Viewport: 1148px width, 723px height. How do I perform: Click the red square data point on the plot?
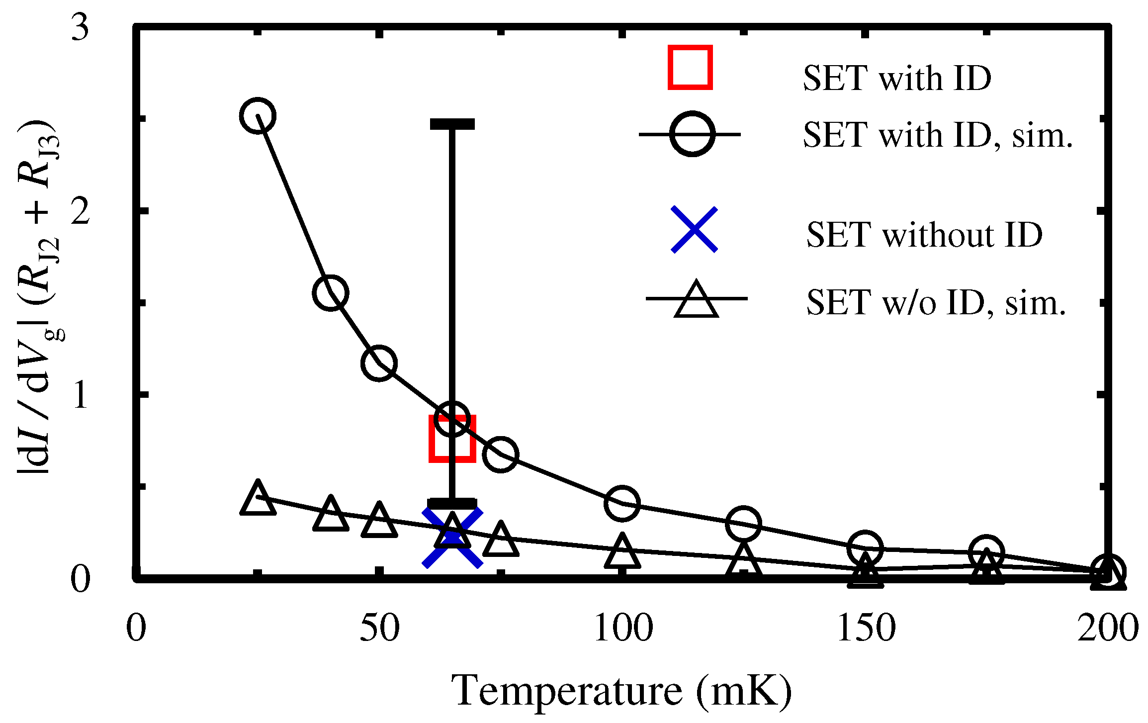452,439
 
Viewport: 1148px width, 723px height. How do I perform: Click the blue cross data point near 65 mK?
452,537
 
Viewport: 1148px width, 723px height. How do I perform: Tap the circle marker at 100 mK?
622,503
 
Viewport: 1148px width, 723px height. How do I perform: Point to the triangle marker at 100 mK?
622,552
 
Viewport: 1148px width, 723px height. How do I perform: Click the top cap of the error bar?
452,124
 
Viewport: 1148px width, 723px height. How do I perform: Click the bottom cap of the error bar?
452,504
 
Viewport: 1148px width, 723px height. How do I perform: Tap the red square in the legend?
690,68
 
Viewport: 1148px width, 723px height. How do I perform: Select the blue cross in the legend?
694,229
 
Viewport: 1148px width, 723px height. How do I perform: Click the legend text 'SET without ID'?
924,234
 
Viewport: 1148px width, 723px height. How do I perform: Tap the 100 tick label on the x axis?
623,628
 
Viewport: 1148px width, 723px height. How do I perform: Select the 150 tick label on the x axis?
866,628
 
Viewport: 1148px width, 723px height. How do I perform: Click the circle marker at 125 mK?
743,524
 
